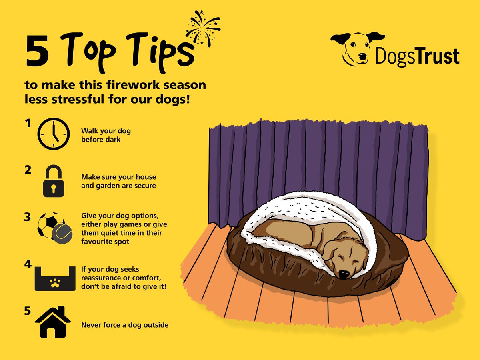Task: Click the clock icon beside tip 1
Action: [x=53, y=134]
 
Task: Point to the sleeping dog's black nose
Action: [x=343, y=274]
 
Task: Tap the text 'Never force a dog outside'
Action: [x=125, y=325]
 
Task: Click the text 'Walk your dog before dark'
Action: [x=106, y=135]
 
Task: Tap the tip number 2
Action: [x=28, y=170]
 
